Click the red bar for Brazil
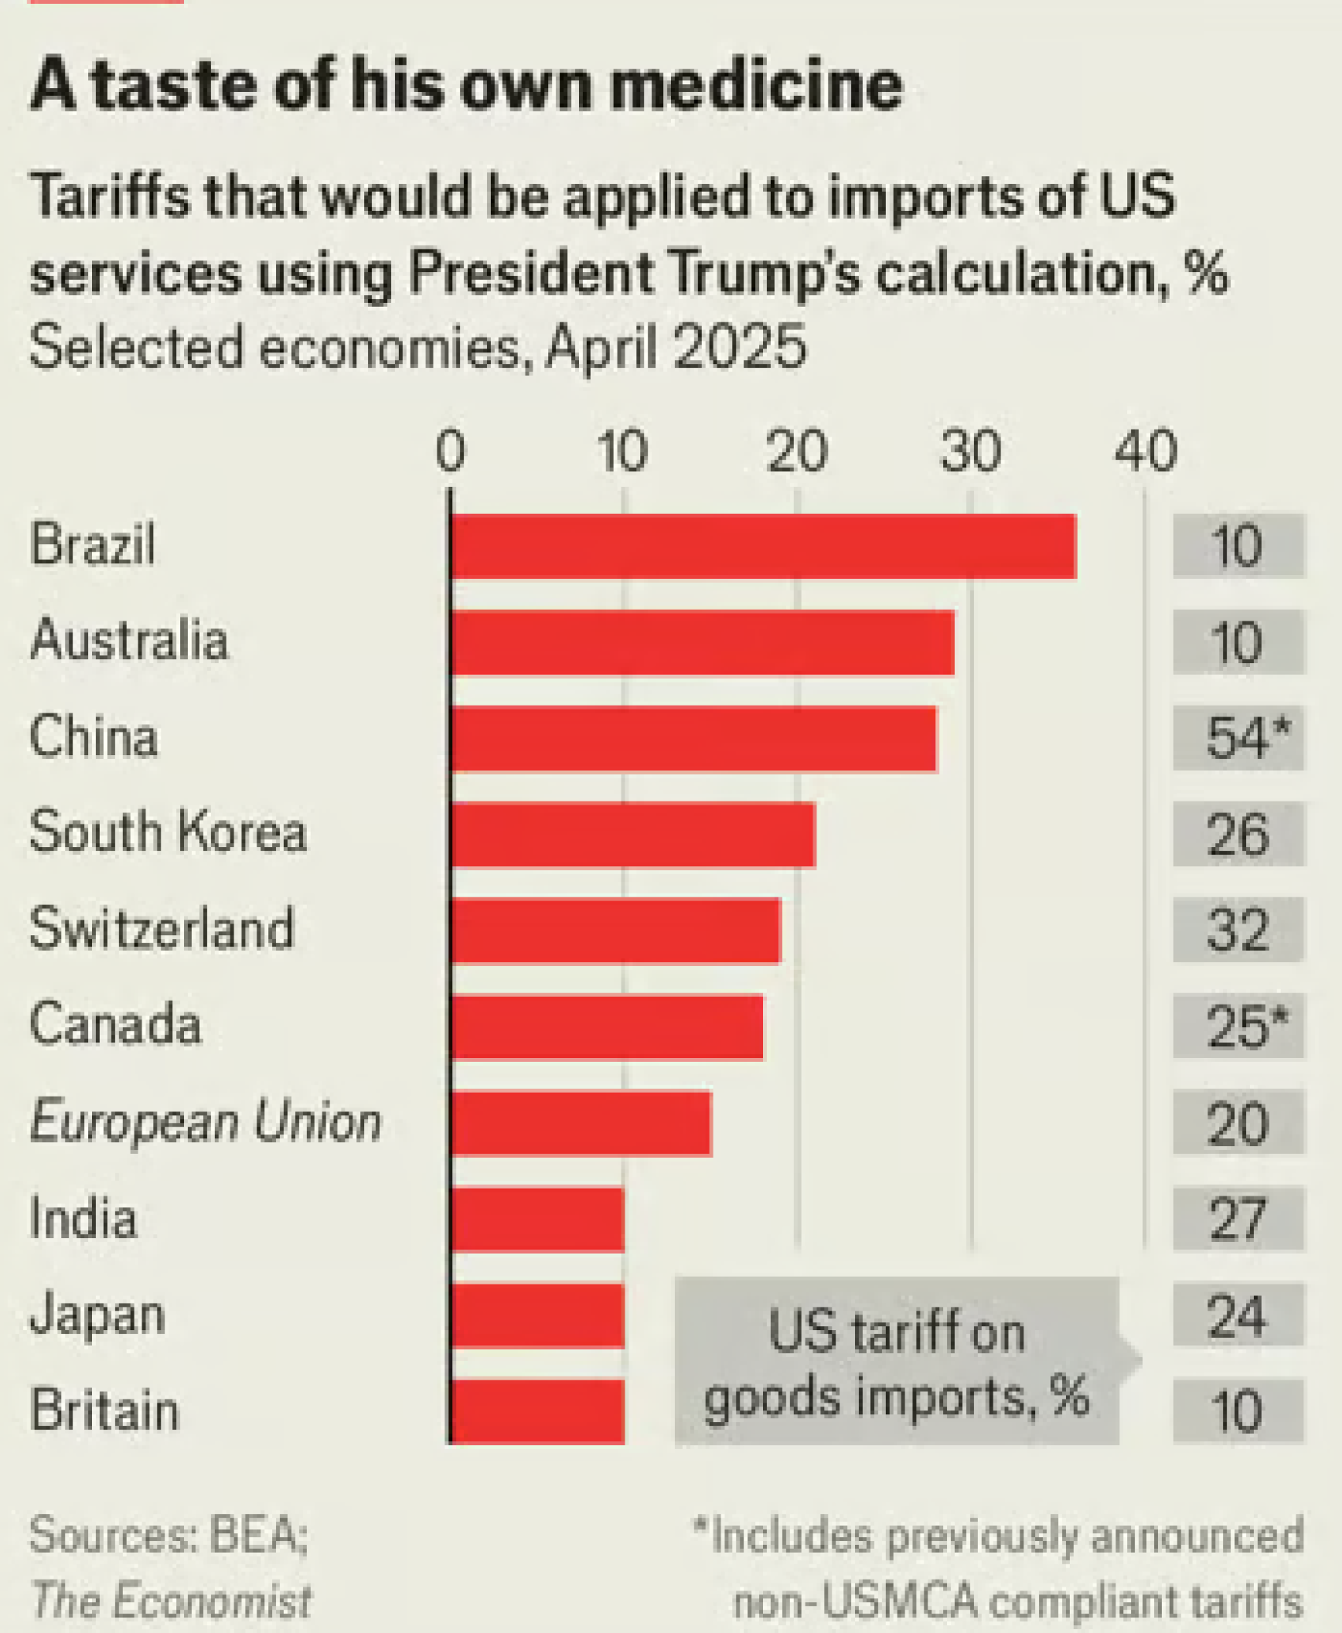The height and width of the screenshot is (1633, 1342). tap(763, 547)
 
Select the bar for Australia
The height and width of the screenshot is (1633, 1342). tap(702, 643)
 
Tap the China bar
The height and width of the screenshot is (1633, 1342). tap(694, 739)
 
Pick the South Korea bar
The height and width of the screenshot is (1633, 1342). tap(633, 835)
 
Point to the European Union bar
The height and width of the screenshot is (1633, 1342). tap(581, 1122)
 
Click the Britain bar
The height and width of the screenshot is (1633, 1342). tap(538, 1411)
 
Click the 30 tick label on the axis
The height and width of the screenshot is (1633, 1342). tap(971, 452)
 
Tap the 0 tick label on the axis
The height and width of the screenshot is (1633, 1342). tap(451, 452)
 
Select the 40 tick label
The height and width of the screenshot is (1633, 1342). tap(1145, 452)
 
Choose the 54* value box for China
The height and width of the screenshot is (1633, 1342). tap(1239, 739)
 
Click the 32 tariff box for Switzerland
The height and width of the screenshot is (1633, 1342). tap(1239, 930)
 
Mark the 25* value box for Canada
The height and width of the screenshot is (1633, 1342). tap(1239, 1027)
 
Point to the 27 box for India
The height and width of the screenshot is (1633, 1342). tap(1239, 1218)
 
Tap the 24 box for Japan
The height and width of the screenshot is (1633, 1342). tap(1239, 1315)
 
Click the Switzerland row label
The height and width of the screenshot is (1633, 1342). tap(162, 928)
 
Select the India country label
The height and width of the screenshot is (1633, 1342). tap(83, 1218)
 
